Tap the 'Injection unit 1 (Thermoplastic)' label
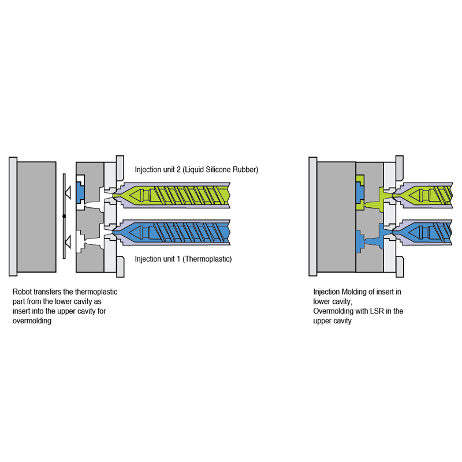[x=183, y=259]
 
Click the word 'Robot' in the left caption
[x=22, y=292]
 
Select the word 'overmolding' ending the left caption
[x=32, y=321]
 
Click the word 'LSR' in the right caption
[x=377, y=311]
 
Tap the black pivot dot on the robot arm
[x=64, y=216]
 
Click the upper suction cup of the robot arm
[x=68, y=193]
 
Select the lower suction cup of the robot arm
[x=68, y=241]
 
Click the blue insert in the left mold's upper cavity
[x=80, y=192]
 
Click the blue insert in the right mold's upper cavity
[x=360, y=193]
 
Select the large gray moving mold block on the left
[x=36, y=217]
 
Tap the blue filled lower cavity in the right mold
[x=360, y=241]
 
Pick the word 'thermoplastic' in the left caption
[x=96, y=292]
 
